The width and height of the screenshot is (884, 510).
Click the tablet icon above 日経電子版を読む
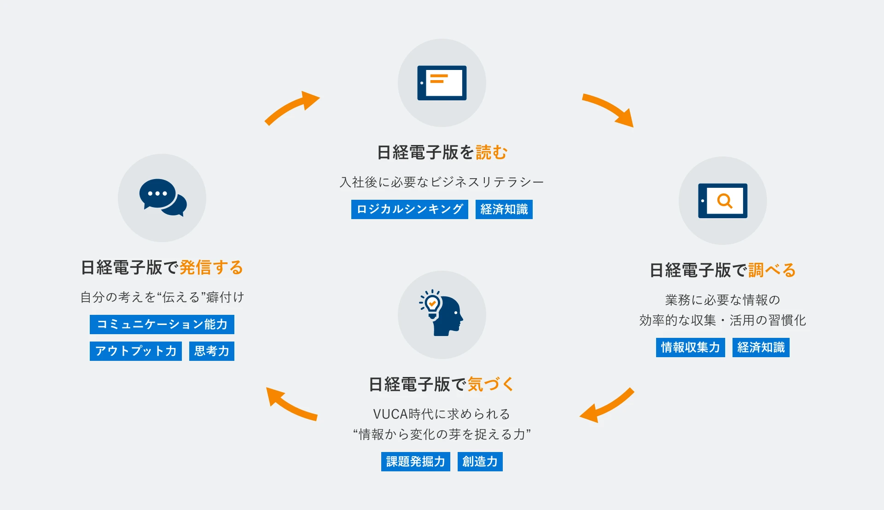[442, 83]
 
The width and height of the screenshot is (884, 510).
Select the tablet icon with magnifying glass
[722, 201]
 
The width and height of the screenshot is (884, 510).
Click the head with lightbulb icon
[441, 313]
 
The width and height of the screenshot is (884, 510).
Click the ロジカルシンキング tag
[409, 209]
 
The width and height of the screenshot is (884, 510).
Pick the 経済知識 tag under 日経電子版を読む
[504, 209]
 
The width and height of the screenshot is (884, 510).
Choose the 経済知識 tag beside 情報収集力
[761, 348]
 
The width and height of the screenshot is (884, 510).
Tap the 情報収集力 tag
[690, 348]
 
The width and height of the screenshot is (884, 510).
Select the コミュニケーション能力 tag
[162, 325]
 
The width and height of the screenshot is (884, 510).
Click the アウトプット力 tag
[136, 351]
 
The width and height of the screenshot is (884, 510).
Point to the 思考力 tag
[212, 351]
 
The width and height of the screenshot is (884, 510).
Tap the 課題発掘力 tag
[416, 462]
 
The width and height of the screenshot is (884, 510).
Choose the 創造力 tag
[480, 462]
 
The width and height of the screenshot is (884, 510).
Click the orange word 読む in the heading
[491, 152]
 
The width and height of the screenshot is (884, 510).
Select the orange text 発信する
[211, 267]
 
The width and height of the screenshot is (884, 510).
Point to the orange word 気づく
[491, 384]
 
